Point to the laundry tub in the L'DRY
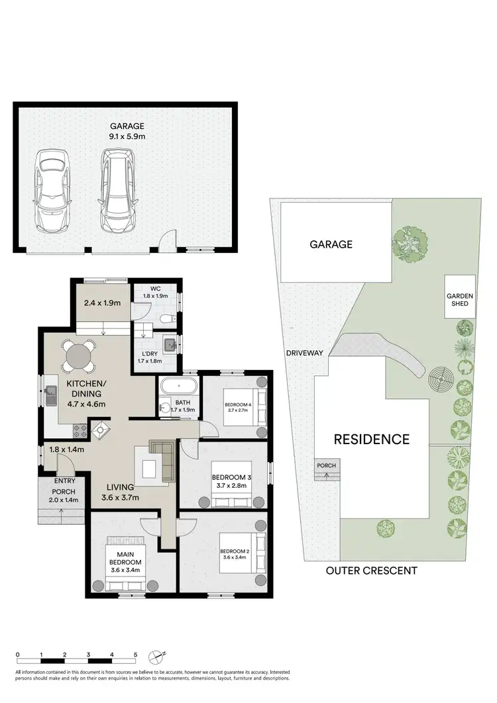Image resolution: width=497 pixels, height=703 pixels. pyautogui.click(x=169, y=344)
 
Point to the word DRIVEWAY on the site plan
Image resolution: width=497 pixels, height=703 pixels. pyautogui.click(x=305, y=353)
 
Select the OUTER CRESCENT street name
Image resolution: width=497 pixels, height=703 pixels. pyautogui.click(x=371, y=570)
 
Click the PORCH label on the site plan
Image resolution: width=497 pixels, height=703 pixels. pyautogui.click(x=326, y=465)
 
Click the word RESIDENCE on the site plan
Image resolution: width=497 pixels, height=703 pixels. pyautogui.click(x=371, y=439)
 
